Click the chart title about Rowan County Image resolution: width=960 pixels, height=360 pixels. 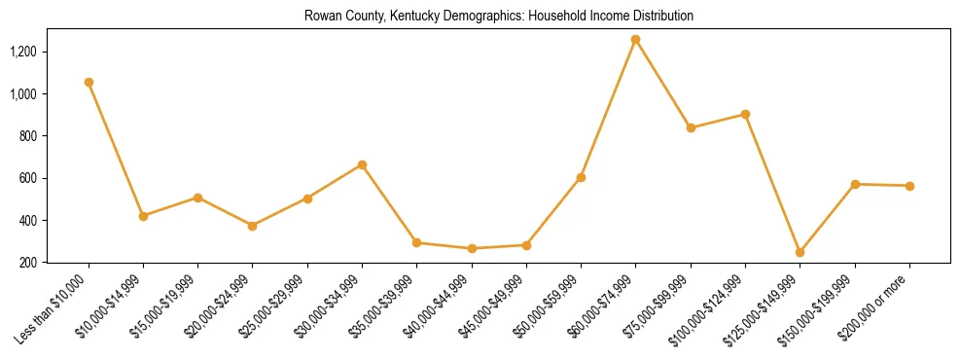(499, 17)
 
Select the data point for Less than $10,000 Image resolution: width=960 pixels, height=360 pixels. (89, 83)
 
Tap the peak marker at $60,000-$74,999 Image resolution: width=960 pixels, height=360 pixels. (635, 40)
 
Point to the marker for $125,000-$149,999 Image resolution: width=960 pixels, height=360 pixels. (800, 252)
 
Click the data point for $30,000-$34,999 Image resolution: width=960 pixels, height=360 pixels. (362, 165)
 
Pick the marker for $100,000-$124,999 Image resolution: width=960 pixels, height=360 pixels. (745, 114)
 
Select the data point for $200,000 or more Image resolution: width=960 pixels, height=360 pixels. (909, 186)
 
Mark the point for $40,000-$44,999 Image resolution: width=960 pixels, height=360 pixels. (472, 248)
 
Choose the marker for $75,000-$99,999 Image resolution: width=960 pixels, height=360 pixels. (691, 127)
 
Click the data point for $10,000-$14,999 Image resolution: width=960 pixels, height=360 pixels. (143, 216)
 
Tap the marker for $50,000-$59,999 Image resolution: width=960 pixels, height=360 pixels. (581, 177)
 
